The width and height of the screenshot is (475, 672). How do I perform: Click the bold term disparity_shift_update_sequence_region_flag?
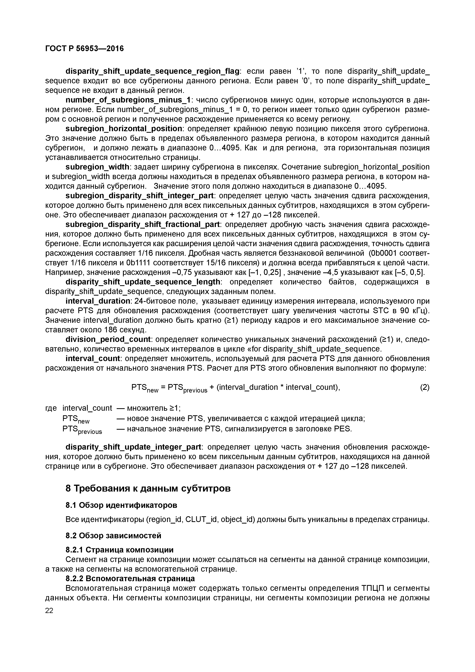(152, 71)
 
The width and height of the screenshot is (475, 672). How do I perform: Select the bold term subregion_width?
(97, 167)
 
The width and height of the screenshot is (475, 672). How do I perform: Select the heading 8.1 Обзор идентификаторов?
(121, 505)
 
